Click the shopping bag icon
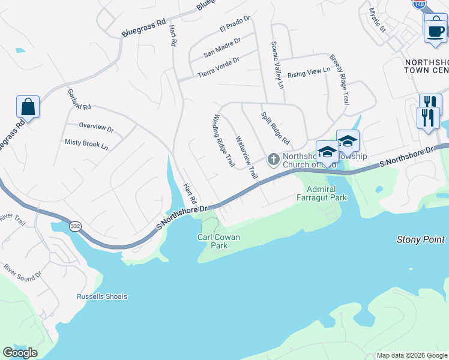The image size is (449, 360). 28,107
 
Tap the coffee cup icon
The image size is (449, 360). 435,30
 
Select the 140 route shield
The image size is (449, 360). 419,3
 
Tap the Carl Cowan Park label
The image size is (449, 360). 219,241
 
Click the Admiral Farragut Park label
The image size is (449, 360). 322,193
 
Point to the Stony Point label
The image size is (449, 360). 420,239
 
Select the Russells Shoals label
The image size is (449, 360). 102,296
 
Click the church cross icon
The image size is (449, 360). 273,159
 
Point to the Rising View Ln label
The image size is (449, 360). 309,73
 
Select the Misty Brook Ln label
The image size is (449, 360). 86,144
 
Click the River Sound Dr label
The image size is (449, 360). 23,271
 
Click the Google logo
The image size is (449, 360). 20,353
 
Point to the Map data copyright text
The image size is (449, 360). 412,355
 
